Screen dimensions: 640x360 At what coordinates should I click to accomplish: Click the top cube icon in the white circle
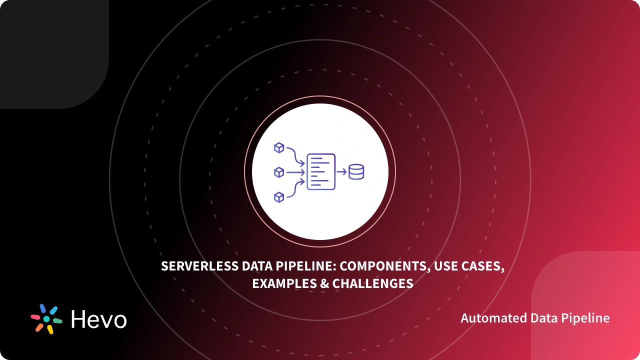279,148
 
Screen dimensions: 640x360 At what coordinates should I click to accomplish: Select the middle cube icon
279,172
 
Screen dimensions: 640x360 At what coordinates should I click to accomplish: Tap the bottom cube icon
279,197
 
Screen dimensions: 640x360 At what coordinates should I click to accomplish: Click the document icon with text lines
320,171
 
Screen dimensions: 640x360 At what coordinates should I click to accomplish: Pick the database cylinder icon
356,171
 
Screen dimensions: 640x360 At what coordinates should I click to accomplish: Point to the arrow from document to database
342,171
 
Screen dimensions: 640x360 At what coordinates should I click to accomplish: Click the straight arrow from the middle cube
295,172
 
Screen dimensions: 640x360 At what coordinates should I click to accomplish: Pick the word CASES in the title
484,266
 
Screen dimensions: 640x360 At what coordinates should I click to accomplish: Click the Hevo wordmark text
99,319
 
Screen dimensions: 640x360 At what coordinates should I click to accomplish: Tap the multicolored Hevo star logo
46,318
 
